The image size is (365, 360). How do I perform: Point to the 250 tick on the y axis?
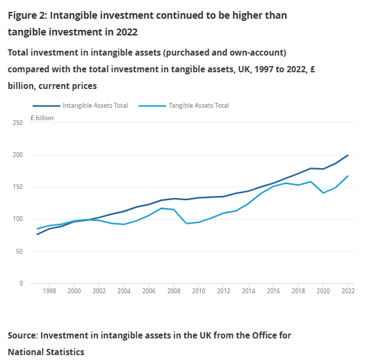click(x=17, y=123)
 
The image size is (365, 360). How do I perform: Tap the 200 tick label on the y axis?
click(x=17, y=155)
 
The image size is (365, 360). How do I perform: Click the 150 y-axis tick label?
click(x=17, y=187)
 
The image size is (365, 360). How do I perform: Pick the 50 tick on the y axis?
click(x=19, y=252)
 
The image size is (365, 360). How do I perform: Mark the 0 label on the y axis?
click(x=21, y=284)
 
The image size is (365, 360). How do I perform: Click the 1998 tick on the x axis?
click(x=49, y=291)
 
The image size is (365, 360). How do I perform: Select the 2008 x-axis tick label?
click(x=174, y=291)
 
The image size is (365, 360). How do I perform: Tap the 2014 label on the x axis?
click(x=248, y=291)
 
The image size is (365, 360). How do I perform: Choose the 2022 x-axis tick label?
click(x=348, y=291)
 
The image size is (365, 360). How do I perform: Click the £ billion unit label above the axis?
click(x=42, y=118)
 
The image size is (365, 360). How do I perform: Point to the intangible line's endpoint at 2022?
click(x=348, y=155)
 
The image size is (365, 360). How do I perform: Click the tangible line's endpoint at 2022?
click(x=348, y=176)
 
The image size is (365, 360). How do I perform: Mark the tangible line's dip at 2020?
click(x=323, y=193)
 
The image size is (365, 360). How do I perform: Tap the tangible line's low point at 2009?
click(x=186, y=224)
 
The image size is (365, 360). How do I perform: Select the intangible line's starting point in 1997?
click(x=37, y=235)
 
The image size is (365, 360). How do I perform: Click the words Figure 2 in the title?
click(x=28, y=16)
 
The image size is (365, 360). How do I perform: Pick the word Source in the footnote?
click(x=22, y=336)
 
